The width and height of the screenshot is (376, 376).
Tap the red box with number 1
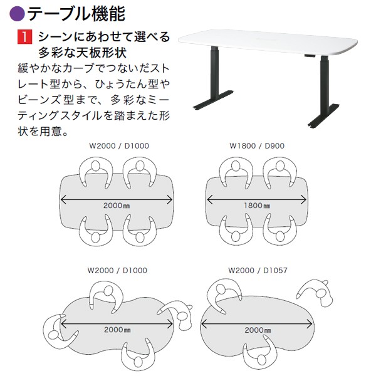[24, 37]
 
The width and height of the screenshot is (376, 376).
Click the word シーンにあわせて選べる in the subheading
[103, 37]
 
